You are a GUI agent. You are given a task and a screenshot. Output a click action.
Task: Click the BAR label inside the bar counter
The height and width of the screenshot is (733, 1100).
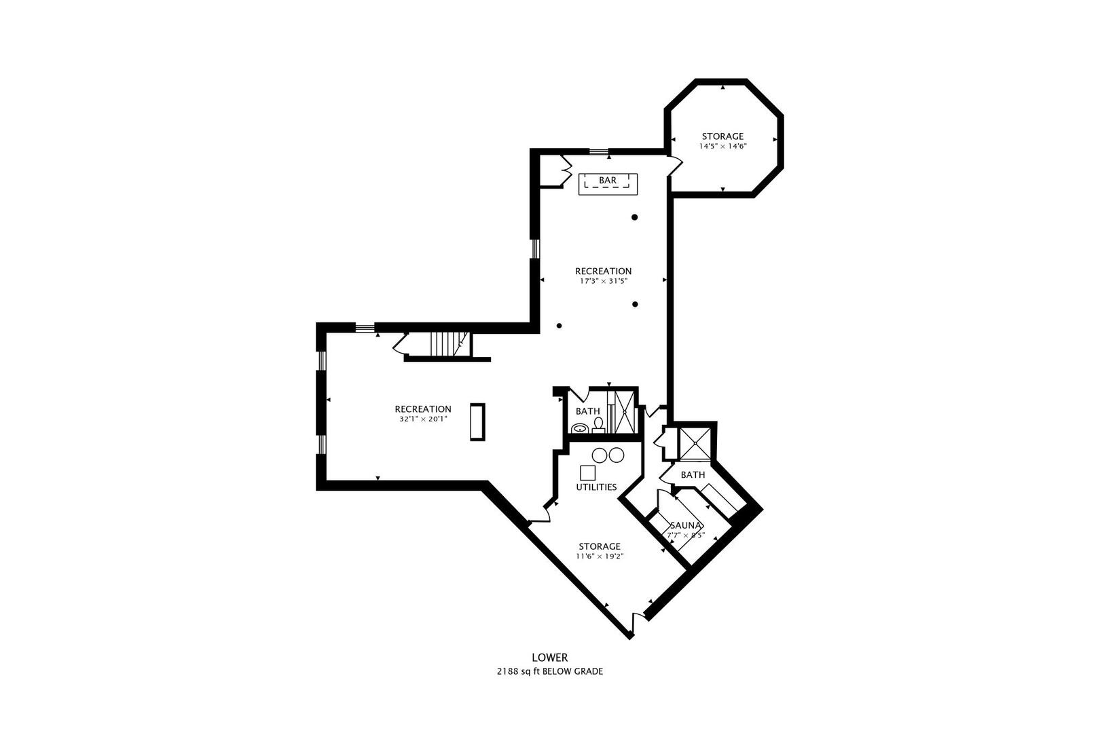[608, 181]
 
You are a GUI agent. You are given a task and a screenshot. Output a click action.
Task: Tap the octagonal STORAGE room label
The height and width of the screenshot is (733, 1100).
[722, 136]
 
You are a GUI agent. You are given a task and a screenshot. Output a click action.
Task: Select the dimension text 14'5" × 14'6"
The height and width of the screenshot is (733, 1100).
[722, 147]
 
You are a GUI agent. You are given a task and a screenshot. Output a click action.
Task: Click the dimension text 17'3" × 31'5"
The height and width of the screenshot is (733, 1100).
[603, 281]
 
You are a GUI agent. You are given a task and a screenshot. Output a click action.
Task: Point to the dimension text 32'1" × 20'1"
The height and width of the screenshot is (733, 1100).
[423, 419]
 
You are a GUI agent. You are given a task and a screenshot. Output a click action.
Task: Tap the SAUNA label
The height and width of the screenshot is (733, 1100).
[686, 525]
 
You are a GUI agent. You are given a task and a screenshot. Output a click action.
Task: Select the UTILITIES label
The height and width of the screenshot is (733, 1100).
[596, 487]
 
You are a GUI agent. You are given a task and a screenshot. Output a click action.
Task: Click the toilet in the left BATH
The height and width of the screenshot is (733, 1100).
[598, 426]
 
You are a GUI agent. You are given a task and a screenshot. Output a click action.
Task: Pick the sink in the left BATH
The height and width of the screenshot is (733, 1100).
[579, 428]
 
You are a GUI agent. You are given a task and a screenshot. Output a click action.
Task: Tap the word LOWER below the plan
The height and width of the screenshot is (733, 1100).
[549, 658]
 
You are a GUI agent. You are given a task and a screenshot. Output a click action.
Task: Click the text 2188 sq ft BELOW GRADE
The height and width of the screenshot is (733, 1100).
[549, 672]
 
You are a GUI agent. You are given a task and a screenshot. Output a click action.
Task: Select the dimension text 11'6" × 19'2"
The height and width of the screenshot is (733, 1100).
[600, 557]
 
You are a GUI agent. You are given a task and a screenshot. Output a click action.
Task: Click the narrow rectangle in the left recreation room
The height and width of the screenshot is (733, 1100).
[478, 422]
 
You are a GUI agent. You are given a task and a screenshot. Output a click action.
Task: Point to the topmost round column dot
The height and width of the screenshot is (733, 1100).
[635, 217]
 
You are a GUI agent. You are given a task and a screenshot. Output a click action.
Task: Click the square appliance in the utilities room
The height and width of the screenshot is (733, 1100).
[587, 472]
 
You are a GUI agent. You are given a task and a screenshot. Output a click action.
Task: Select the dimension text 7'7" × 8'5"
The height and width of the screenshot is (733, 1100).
[686, 535]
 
